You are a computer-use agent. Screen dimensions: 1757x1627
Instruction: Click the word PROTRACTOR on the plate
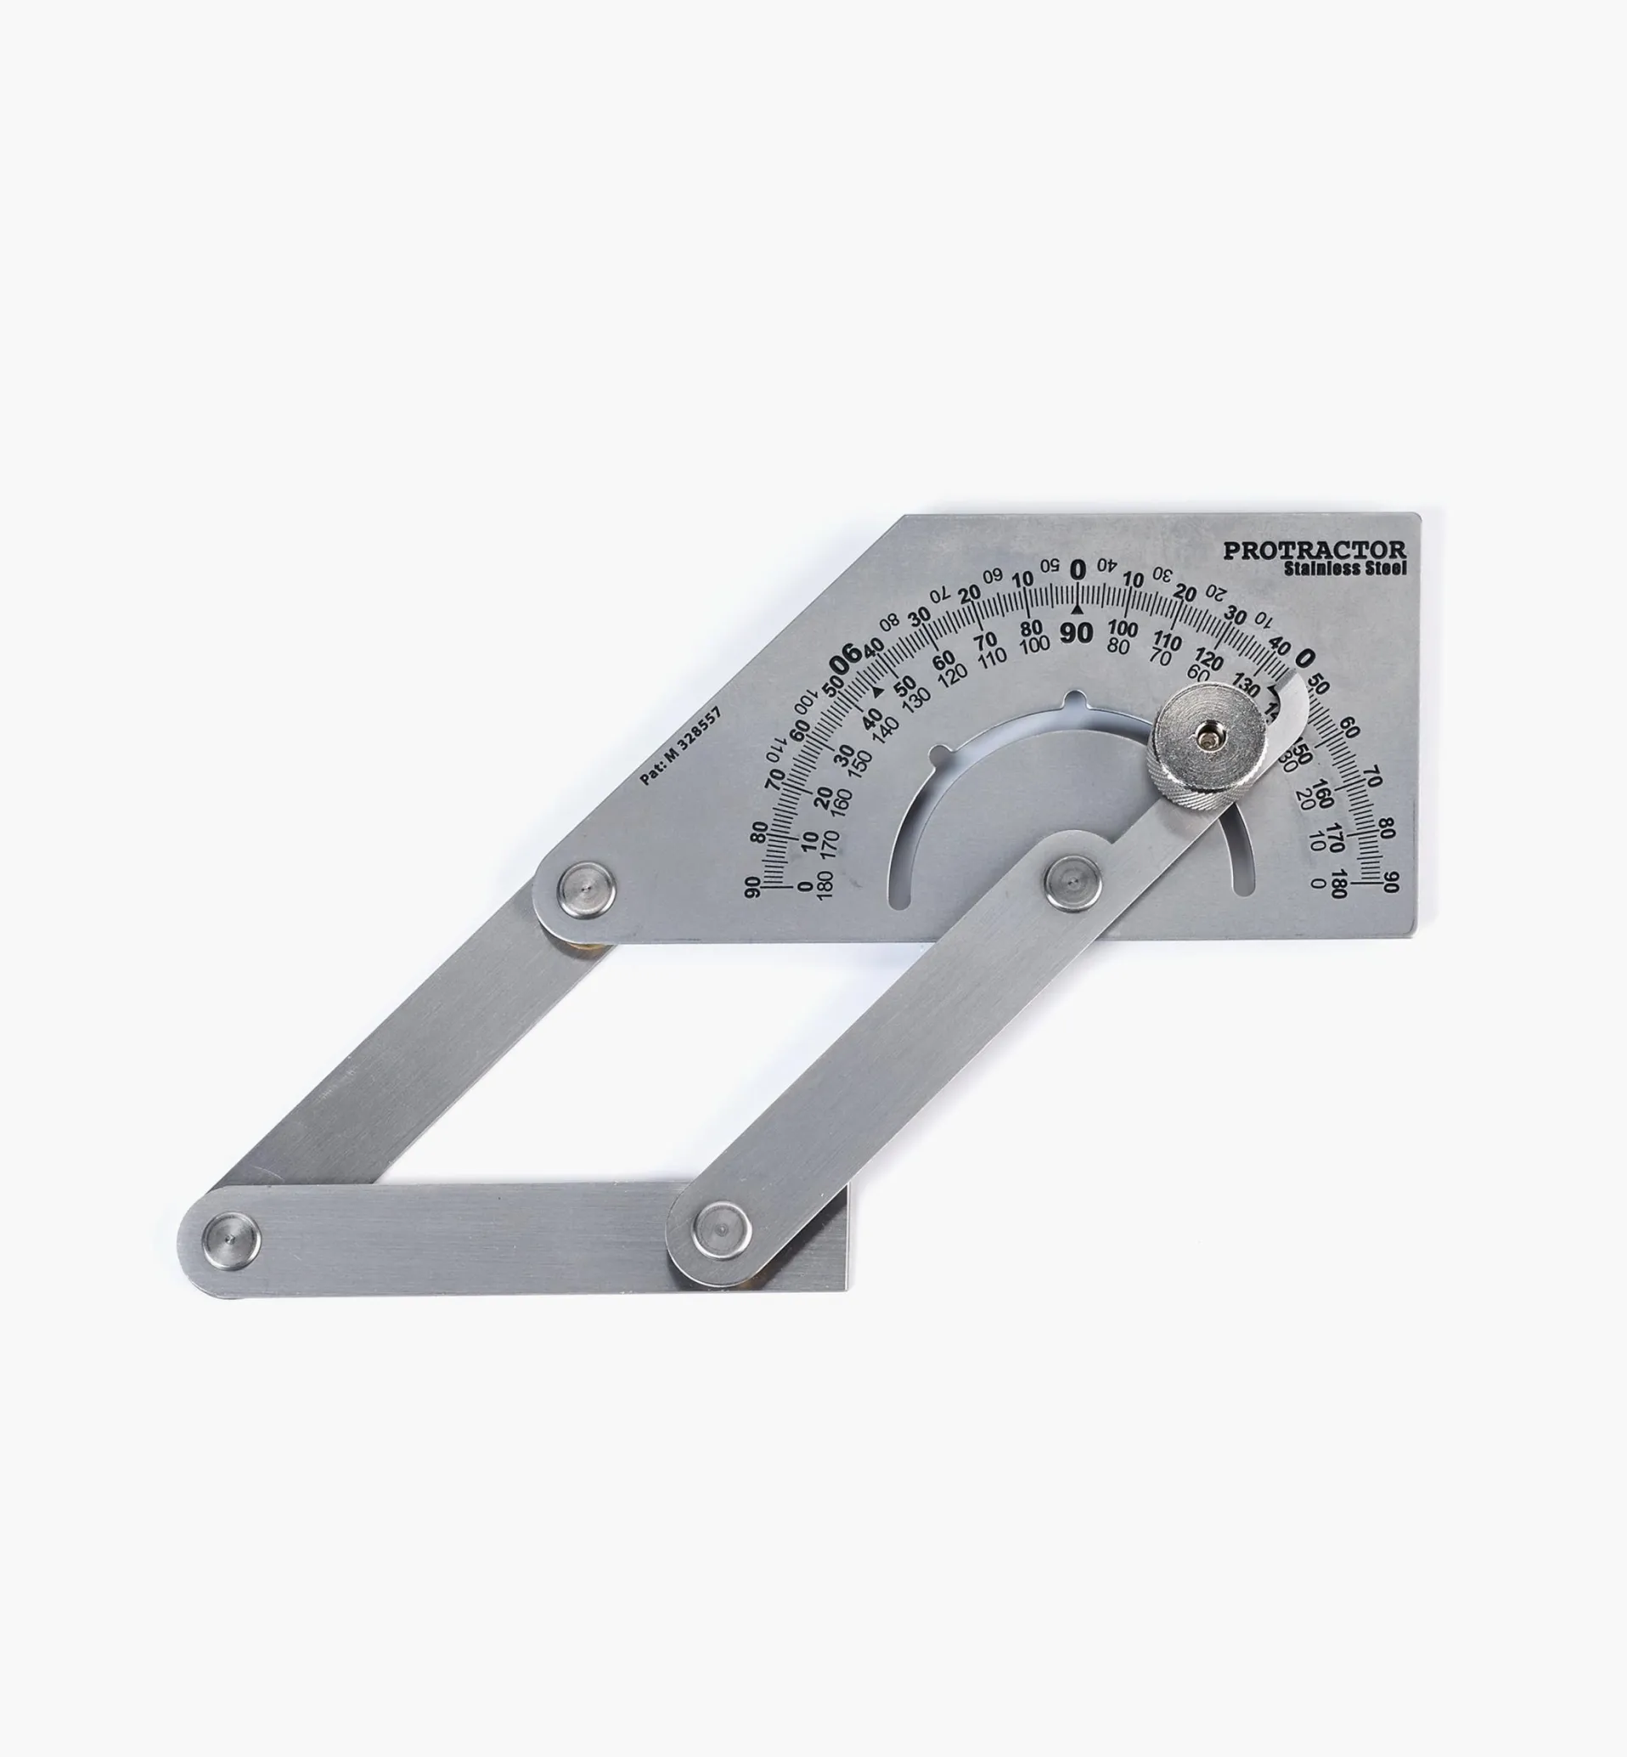[x=1315, y=551]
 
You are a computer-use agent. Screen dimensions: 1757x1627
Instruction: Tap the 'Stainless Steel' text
[x=1344, y=569]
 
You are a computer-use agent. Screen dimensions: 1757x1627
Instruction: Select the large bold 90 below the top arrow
[x=1076, y=632]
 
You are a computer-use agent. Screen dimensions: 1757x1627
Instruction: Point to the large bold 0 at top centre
[x=1078, y=571]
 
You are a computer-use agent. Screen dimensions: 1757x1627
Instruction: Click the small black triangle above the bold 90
[x=1076, y=609]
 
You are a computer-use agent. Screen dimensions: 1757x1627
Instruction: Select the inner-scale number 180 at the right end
[x=1337, y=884]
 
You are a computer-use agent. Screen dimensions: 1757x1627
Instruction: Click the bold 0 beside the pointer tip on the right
[x=1307, y=657]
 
